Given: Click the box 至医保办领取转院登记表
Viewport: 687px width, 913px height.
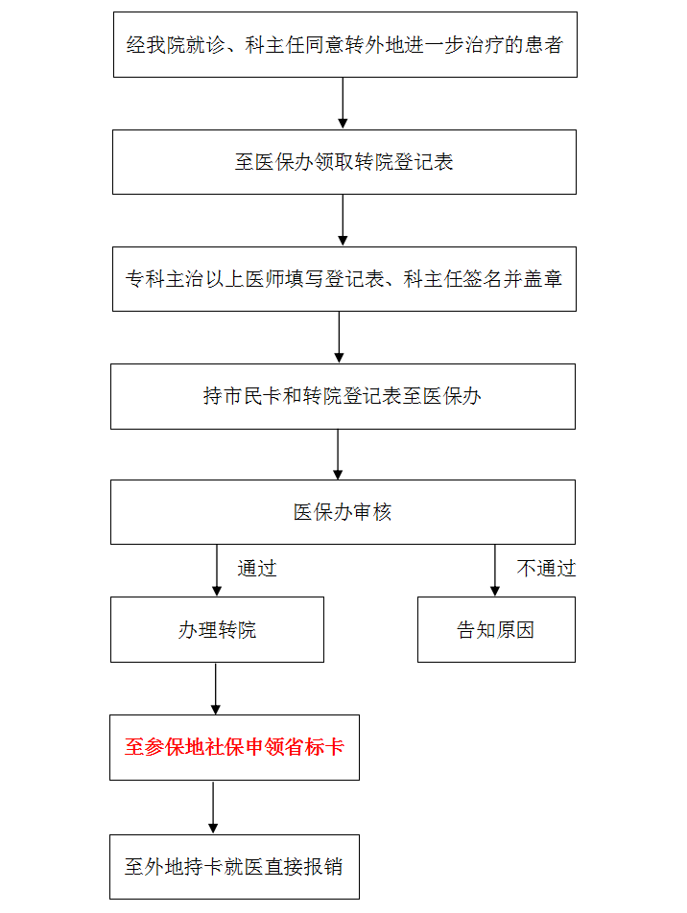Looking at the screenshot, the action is click(x=343, y=162).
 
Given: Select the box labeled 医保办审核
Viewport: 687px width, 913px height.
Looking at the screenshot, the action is click(x=343, y=512).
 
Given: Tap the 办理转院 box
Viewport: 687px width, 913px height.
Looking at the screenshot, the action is click(x=218, y=629).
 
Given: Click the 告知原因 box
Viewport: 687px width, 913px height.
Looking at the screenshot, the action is click(x=496, y=629).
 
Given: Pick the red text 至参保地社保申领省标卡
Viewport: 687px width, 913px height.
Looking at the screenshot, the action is click(x=234, y=747).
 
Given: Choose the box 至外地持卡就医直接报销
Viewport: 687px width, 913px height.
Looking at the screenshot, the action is click(x=234, y=867).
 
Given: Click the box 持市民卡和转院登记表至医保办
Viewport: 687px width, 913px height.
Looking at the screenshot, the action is click(x=343, y=396).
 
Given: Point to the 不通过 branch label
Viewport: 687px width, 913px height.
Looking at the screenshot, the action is click(x=546, y=569).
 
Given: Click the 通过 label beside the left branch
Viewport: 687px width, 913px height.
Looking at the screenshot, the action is click(x=256, y=569).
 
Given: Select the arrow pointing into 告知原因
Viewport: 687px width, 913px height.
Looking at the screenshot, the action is click(x=495, y=571).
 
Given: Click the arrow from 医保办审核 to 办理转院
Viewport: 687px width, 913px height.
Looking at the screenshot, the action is click(x=217, y=571).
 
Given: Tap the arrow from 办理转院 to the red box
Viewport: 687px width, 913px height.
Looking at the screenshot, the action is click(x=216, y=689).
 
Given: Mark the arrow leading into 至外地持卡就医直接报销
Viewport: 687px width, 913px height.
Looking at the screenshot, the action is click(x=213, y=808).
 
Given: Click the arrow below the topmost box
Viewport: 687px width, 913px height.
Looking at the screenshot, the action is click(x=343, y=103).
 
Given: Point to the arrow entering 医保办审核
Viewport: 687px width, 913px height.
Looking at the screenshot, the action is click(x=338, y=455).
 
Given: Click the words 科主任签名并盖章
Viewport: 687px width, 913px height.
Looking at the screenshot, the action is click(x=483, y=279).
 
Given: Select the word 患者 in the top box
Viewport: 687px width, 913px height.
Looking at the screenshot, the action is click(x=543, y=45).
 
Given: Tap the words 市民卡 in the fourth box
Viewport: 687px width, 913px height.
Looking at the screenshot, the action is click(x=252, y=396).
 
